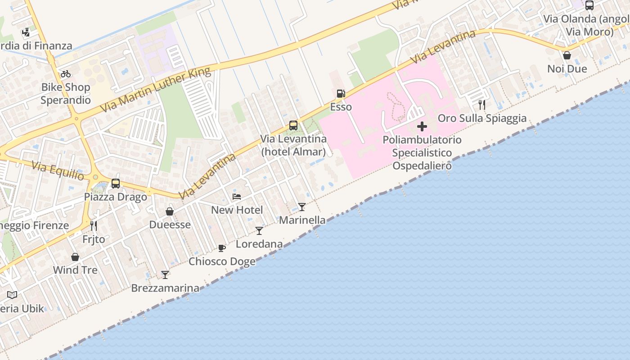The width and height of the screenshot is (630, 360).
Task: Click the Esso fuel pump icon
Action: coord(341,94)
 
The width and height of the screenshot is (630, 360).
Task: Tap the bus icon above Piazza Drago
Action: coord(116,184)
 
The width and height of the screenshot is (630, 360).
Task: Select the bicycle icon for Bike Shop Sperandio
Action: coord(66,74)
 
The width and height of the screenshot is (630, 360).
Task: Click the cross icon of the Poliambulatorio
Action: coord(422,126)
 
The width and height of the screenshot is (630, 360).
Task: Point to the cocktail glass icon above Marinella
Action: coord(301,207)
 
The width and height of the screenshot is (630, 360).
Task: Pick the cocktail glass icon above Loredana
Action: coord(259,231)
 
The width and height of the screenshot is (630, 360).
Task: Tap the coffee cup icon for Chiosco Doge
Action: coord(221,248)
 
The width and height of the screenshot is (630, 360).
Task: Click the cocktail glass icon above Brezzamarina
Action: coord(165,274)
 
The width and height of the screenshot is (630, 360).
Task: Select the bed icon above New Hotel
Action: coord(237,197)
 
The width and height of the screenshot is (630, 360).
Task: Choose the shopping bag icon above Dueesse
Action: coord(170,211)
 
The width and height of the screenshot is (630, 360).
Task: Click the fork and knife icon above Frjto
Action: coord(94,225)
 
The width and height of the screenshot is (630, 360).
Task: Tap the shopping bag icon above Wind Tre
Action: coord(75,257)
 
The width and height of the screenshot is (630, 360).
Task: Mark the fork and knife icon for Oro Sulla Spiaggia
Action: coord(482,105)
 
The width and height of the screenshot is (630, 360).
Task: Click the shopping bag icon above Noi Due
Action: coord(567,55)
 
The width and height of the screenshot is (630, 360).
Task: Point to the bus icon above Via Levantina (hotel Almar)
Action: coord(293,126)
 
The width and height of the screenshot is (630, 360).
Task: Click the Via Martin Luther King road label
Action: coord(155,90)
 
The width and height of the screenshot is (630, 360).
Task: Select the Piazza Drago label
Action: coord(116,197)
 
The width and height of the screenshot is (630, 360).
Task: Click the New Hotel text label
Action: coord(237,210)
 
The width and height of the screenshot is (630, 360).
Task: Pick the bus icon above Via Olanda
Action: coord(589,5)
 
